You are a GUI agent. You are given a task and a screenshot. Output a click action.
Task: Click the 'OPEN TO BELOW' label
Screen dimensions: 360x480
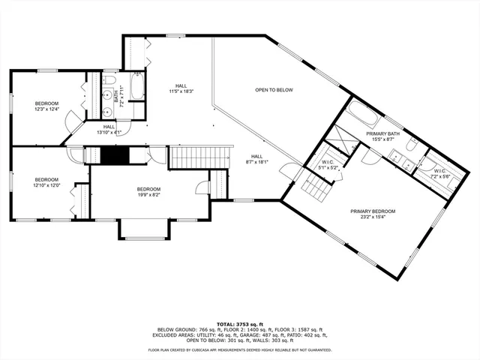click(x=273, y=91)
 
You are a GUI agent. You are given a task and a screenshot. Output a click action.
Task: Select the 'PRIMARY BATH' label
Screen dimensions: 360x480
click(x=383, y=133)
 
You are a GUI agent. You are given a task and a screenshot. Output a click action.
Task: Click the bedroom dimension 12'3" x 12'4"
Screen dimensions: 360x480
click(x=46, y=109)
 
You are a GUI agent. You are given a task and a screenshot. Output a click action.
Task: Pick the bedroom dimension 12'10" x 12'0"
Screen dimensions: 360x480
click(x=46, y=185)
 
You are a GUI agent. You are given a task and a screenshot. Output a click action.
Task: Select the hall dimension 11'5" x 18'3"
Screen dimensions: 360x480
click(x=181, y=91)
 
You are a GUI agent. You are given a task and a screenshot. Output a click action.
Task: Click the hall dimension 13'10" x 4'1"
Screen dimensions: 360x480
click(x=109, y=133)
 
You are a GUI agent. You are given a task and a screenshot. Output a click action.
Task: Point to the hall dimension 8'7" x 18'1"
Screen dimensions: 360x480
click(x=256, y=162)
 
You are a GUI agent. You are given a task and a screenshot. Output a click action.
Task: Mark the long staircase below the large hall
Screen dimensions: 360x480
click(x=199, y=158)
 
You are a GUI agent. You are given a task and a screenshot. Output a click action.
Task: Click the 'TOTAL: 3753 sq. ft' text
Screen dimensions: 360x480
click(x=239, y=323)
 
